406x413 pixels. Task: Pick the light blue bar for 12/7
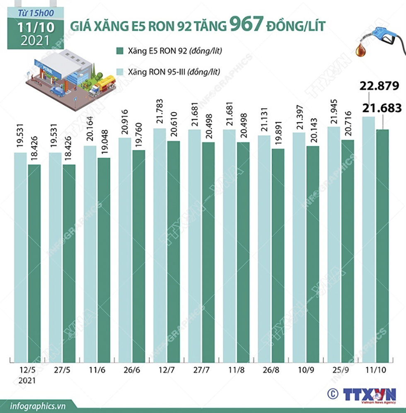click(160, 244)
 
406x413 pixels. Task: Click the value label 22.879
click(379, 87)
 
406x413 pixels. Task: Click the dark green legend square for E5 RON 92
click(118, 51)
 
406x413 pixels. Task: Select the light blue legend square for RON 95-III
click(118, 72)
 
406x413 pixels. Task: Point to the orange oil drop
click(361, 50)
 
